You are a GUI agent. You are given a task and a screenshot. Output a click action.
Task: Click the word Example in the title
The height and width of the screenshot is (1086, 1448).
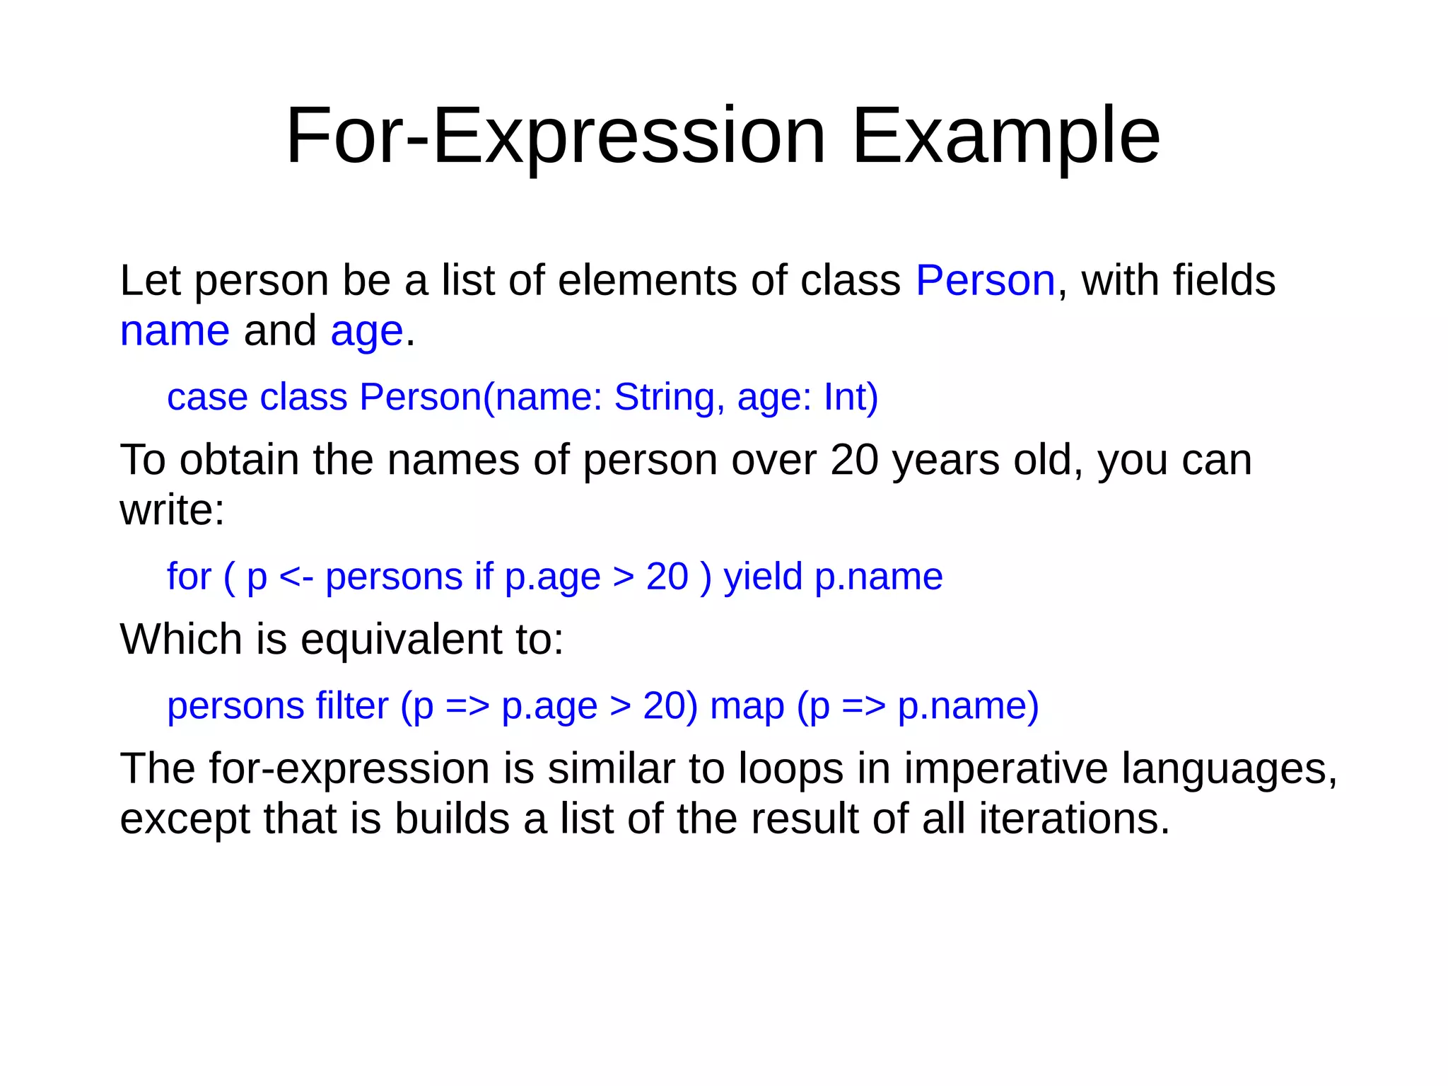(1005, 136)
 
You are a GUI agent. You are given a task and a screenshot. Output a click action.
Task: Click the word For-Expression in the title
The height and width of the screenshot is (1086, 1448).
(555, 136)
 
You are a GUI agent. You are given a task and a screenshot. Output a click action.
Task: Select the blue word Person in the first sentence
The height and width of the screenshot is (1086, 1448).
(985, 280)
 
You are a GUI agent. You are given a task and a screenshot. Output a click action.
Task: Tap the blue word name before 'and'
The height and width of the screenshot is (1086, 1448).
(175, 331)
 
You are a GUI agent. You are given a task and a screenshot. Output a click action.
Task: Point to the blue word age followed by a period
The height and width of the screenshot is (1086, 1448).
(366, 333)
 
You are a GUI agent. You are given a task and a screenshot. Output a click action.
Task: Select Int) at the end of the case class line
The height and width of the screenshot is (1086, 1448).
(851, 397)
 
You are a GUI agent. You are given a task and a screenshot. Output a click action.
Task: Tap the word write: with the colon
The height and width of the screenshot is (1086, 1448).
(172, 510)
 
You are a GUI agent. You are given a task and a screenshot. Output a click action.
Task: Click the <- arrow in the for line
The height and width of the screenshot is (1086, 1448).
(296, 577)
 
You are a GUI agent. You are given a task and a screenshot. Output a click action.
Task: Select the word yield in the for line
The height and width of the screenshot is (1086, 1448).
(763, 577)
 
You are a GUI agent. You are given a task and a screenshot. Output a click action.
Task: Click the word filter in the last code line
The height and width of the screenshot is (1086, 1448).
(351, 706)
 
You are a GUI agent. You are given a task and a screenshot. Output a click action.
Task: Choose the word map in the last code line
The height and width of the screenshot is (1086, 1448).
(747, 706)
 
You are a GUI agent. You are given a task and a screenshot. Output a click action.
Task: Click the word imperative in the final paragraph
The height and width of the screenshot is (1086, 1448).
(1005, 769)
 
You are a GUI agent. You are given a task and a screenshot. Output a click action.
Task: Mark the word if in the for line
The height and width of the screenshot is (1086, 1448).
(484, 577)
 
